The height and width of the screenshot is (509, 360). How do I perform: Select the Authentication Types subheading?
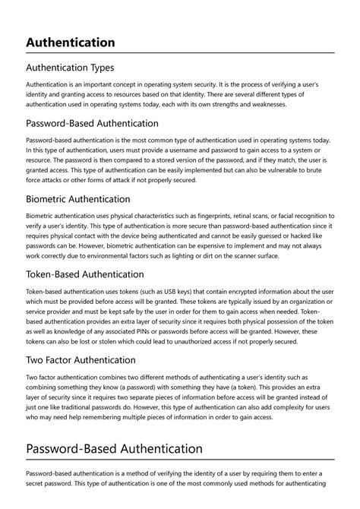70,68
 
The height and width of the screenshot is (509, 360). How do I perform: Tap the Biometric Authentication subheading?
89,199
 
